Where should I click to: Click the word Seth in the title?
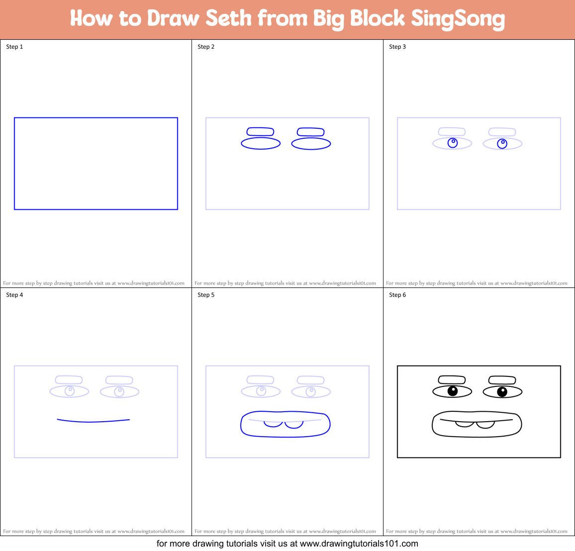(x=228, y=18)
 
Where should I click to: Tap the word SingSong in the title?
(x=458, y=19)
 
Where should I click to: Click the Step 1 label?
(x=14, y=47)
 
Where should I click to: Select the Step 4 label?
(x=14, y=295)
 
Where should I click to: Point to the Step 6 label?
(x=397, y=295)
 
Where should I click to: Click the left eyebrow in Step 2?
(x=260, y=132)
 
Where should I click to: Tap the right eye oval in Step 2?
(x=311, y=144)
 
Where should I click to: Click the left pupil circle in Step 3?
(x=453, y=143)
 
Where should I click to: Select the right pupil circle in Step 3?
(x=502, y=144)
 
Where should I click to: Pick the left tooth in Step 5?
(x=273, y=424)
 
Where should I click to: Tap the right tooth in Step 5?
(x=294, y=425)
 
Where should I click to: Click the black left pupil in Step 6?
(x=453, y=391)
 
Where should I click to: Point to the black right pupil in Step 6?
(x=502, y=392)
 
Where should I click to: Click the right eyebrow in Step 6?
(x=502, y=380)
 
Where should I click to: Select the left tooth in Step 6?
(x=465, y=424)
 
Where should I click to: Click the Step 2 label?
(x=206, y=47)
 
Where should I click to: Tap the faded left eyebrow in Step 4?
(x=69, y=380)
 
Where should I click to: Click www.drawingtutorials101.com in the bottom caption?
(x=359, y=544)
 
